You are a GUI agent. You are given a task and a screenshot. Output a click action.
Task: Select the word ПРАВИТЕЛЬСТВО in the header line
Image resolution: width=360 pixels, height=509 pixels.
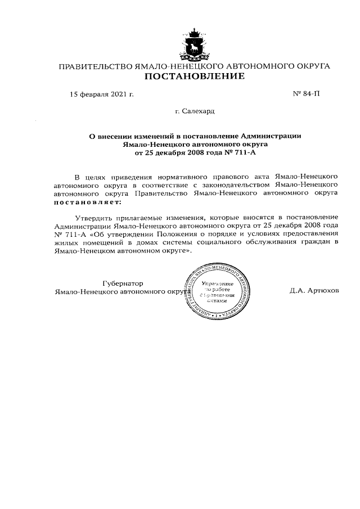[x=93, y=66]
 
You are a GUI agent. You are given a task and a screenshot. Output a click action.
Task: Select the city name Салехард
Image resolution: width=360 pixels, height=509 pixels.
[x=198, y=111]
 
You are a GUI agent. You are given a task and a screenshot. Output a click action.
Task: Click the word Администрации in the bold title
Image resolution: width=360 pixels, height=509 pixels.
[x=272, y=136]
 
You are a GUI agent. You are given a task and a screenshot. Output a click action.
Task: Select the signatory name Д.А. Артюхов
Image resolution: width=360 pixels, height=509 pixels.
[x=314, y=292]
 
